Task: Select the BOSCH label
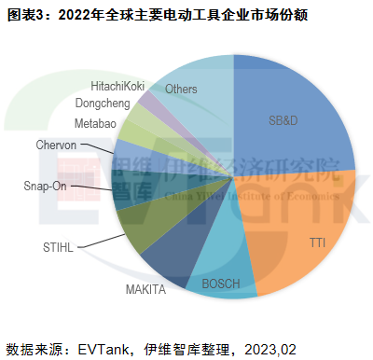click(x=221, y=283)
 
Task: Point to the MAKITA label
click(x=146, y=289)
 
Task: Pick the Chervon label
click(x=56, y=145)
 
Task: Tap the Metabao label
click(x=97, y=123)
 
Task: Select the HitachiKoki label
click(x=117, y=85)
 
